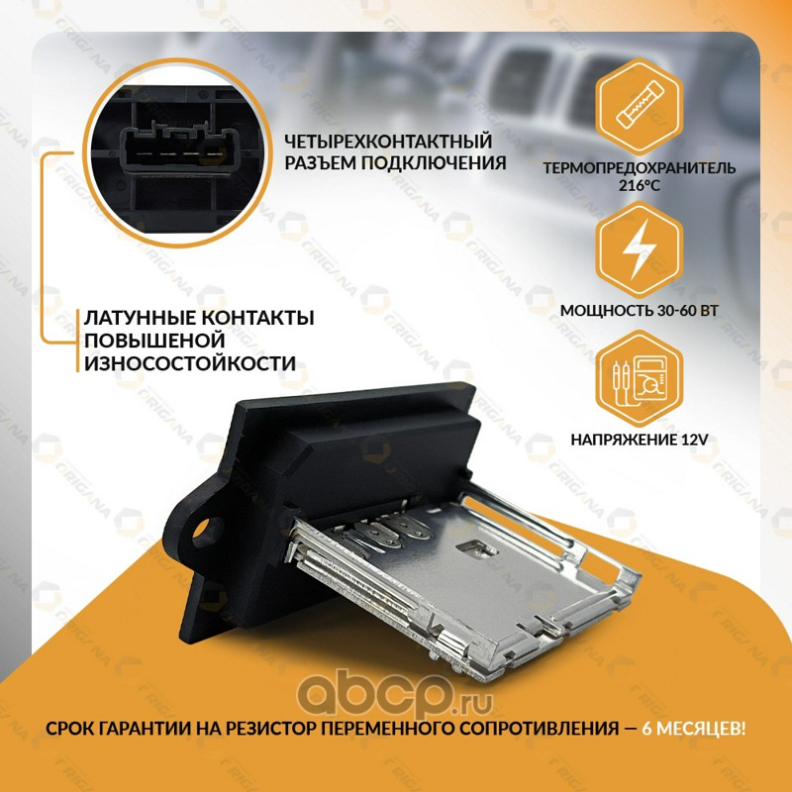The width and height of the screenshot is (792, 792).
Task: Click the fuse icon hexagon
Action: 639,107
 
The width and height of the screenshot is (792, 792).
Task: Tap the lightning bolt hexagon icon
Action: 639,248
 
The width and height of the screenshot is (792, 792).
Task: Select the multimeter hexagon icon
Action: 639,379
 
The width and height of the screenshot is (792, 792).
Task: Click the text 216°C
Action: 639,185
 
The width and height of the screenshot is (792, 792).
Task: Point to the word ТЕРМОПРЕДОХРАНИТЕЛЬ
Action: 639,167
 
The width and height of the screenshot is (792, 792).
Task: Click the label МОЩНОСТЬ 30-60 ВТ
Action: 639,310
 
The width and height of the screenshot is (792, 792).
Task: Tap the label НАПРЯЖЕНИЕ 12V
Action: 639,440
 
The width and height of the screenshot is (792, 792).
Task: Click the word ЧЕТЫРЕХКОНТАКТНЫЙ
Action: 388,141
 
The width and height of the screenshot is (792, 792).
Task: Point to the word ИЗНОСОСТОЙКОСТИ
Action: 190,363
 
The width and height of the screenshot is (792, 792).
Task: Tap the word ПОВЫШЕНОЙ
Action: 154,341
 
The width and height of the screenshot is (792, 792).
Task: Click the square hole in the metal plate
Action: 476,549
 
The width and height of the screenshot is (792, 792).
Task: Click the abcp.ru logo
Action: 394,692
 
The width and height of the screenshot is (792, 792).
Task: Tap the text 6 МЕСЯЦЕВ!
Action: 693,729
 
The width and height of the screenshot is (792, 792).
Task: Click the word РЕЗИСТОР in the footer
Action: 271,729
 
